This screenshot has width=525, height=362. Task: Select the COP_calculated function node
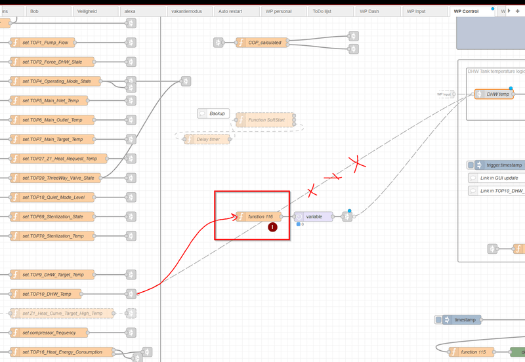pyautogui.click(x=262, y=43)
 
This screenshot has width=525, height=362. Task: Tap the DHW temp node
pyautogui.click(x=496, y=94)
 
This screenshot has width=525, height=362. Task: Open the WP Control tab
pyautogui.click(x=467, y=11)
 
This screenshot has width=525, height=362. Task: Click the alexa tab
pyautogui.click(x=129, y=11)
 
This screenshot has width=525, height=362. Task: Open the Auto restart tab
pyautogui.click(x=233, y=11)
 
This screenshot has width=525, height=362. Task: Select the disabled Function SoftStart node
pyautogui.click(x=266, y=120)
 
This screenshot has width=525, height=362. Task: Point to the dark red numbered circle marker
pyautogui.click(x=272, y=228)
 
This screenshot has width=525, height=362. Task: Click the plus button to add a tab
pyautogui.click(x=517, y=11)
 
